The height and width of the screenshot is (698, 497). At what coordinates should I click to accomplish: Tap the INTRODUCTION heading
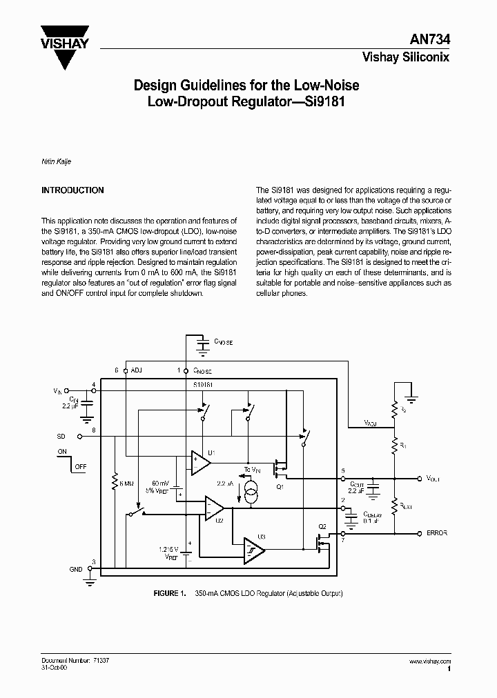coord(72,190)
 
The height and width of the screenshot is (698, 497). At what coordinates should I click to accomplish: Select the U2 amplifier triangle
coord(213,509)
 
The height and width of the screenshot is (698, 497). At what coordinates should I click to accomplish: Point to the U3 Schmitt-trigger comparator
coord(253,548)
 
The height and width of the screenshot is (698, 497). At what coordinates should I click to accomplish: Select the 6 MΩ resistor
coord(114,483)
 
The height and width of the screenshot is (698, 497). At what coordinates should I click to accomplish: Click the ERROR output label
coord(438,533)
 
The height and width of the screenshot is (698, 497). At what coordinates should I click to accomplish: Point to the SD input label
coord(61,437)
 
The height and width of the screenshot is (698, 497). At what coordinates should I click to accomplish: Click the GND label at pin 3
coord(75,569)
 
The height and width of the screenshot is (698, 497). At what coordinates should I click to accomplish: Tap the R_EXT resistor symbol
coord(395,506)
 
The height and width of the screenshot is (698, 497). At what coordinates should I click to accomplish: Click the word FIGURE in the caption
coord(166,593)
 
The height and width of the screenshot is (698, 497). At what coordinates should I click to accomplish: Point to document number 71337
coord(101,660)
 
